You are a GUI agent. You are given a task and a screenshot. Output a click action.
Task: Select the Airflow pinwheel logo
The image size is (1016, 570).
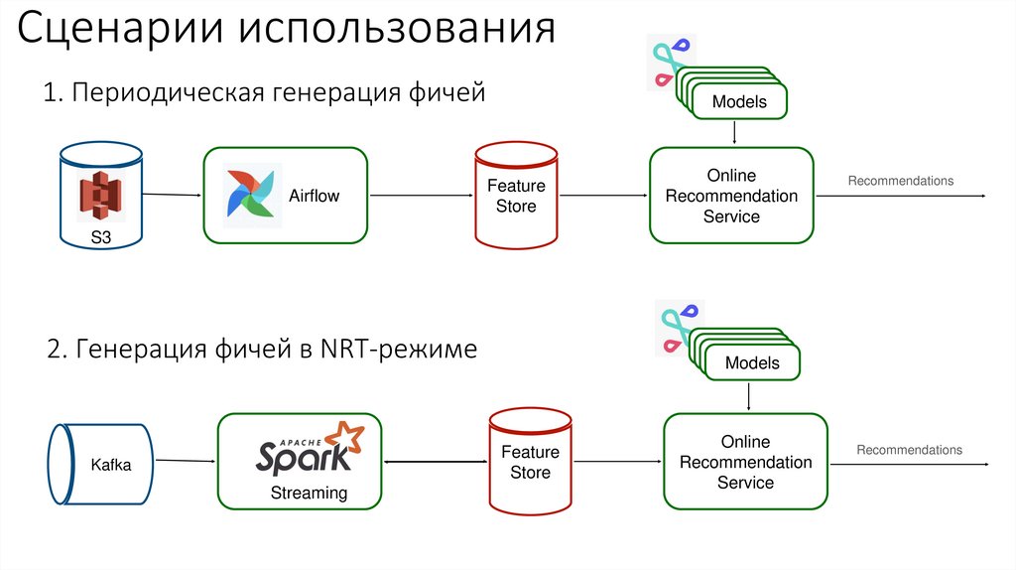(x=251, y=196)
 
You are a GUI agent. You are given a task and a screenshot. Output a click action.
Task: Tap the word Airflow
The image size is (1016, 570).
(x=314, y=196)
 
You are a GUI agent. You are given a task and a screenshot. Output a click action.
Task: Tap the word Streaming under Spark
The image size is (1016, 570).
(x=310, y=493)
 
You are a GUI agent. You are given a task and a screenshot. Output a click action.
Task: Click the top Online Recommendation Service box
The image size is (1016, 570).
(x=731, y=196)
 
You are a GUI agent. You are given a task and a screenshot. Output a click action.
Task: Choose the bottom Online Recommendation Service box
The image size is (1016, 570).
(x=745, y=462)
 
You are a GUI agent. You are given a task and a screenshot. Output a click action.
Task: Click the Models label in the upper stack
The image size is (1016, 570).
(x=739, y=102)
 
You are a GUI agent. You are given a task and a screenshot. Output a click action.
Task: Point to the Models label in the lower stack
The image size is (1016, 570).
(x=752, y=363)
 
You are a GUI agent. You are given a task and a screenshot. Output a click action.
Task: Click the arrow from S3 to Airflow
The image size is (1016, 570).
(x=171, y=195)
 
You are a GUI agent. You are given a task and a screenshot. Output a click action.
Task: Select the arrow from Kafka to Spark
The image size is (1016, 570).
(x=187, y=462)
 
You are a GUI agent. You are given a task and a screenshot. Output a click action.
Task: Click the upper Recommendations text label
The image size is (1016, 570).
(x=900, y=181)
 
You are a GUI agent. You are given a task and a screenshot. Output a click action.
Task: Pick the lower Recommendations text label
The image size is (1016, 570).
(x=909, y=450)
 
